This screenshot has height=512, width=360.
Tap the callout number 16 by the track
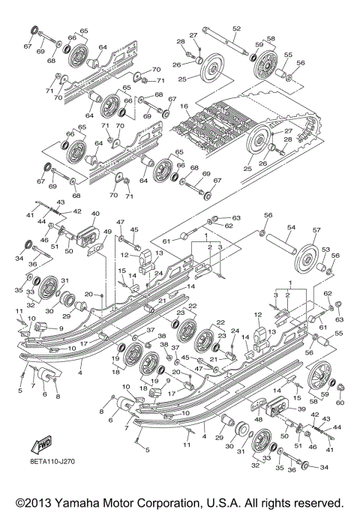pos(184,107)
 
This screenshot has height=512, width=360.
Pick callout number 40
pos(95,214)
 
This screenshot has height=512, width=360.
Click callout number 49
pos(108,232)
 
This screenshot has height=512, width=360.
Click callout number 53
pos(325,248)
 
